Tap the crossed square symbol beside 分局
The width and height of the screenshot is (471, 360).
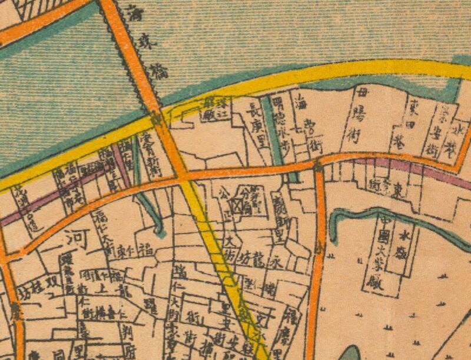(237, 206)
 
